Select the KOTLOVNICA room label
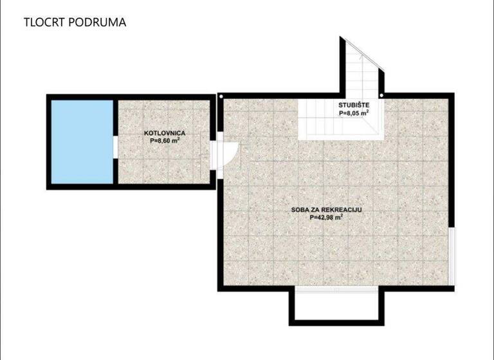coord(165,133)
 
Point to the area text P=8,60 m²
coord(165,140)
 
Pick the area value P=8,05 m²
coord(354,113)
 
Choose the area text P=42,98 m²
coord(325,217)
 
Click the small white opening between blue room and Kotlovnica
coord(114,147)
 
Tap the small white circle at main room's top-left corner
coord(221,97)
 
